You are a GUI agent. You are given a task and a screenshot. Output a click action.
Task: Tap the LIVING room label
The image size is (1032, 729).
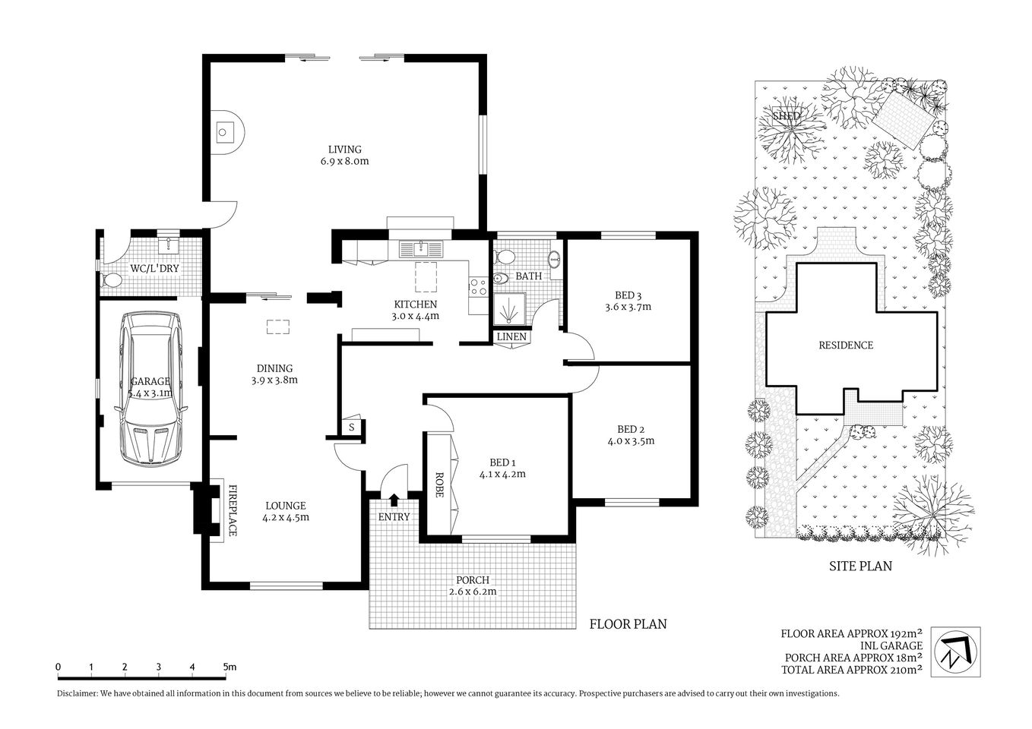coord(344,150)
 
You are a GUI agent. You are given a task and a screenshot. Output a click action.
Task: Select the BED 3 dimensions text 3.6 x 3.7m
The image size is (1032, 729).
coord(628,308)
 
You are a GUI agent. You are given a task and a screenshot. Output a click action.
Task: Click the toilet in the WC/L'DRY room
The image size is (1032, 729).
coord(111,280)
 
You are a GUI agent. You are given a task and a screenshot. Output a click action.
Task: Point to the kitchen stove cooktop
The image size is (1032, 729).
coord(478,287)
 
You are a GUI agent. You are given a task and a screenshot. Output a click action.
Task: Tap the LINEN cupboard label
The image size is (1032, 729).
coord(511,336)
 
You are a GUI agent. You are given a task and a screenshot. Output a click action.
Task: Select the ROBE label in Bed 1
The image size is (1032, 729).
coord(438,484)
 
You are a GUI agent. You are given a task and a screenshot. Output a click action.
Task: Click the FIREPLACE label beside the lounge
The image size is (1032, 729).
coord(233,510)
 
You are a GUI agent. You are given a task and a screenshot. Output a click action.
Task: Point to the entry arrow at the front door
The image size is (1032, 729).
coord(394,500)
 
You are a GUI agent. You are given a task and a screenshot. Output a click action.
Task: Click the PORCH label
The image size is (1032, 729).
coord(472,580)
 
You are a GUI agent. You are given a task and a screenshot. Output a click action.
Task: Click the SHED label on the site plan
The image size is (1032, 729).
coord(787,116)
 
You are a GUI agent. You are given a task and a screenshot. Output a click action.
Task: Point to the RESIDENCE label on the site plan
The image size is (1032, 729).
coord(845,345)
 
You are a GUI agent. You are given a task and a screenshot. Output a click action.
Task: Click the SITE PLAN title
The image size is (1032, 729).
coord(859,566)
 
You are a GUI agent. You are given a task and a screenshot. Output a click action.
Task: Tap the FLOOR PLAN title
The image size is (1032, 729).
coord(628,624)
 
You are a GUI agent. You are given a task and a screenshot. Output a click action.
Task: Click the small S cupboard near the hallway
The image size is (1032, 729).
coord(351,427)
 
